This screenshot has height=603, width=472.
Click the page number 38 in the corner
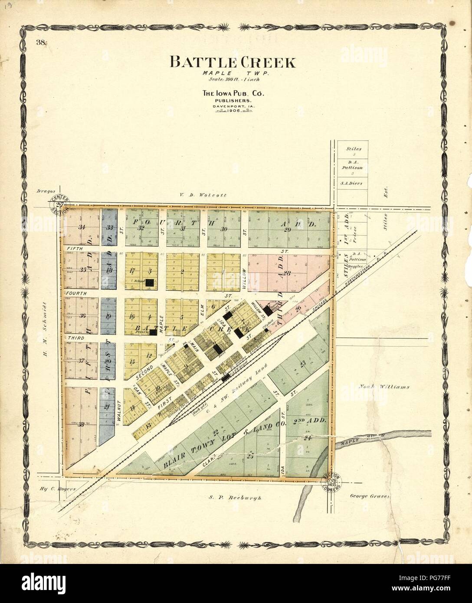tap(42, 42)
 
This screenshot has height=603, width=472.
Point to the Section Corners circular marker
tap(332, 481)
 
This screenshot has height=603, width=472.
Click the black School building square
tap(150, 282)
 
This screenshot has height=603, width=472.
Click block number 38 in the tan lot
tap(81, 425)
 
